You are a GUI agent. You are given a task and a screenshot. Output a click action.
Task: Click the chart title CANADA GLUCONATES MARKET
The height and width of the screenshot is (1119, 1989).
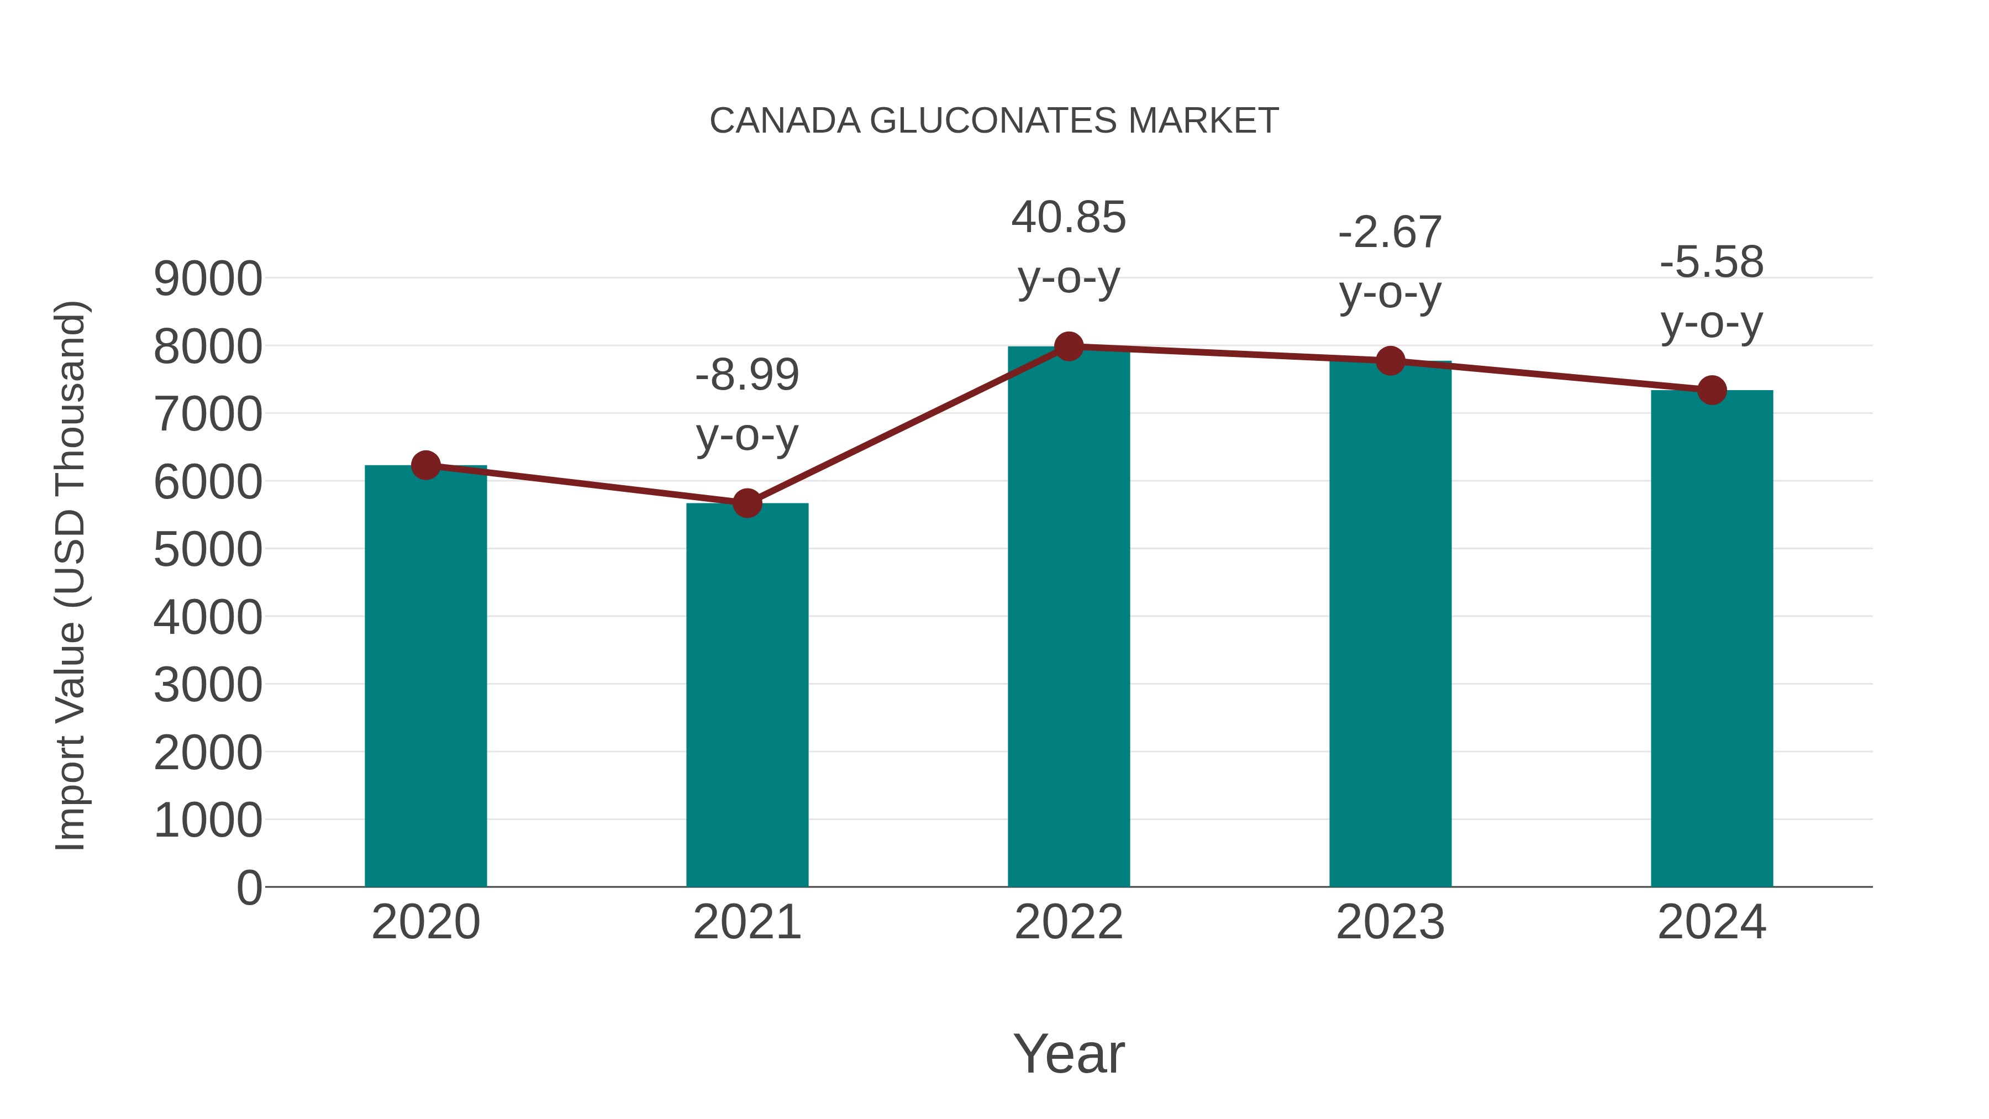[994, 121]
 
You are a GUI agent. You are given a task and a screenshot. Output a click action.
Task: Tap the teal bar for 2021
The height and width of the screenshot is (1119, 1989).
[746, 695]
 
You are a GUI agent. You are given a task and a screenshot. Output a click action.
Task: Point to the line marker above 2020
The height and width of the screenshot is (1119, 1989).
[425, 466]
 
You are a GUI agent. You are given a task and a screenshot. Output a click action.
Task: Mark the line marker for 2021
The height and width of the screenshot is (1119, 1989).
[746, 503]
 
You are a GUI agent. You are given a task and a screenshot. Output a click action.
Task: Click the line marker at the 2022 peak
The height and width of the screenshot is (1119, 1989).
[1069, 346]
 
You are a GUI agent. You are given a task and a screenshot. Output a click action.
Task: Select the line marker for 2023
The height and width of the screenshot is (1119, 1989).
[1390, 361]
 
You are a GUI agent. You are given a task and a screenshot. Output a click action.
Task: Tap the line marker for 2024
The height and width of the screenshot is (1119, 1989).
[1712, 390]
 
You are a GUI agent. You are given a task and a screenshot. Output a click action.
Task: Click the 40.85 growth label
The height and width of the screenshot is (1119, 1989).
[1069, 218]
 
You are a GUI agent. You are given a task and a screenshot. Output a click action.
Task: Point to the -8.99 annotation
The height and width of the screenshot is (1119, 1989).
[746, 375]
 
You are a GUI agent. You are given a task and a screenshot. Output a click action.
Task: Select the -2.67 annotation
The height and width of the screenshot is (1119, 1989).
[1390, 233]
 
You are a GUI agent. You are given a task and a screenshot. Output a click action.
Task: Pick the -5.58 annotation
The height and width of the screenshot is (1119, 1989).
[1712, 262]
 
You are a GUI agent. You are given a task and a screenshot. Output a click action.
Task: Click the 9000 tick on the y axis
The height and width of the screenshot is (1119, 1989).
[208, 279]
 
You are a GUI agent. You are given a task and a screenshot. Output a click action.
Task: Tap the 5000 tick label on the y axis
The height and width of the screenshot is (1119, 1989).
[208, 550]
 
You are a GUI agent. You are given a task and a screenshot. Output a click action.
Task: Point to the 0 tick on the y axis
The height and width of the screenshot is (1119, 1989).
[249, 887]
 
